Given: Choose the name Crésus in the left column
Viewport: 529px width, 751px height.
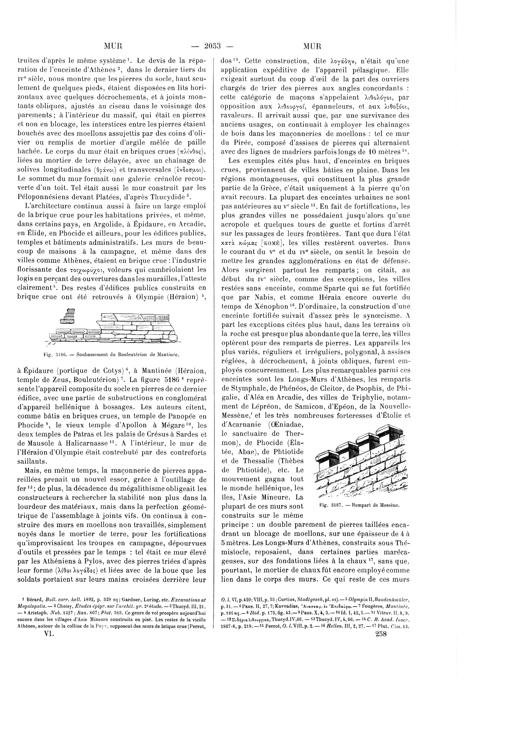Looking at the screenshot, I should click(x=158, y=435).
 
